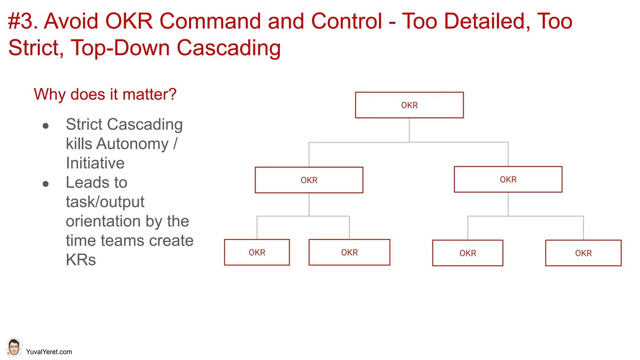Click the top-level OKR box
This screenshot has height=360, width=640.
[409, 105]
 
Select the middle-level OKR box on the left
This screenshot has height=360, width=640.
[309, 180]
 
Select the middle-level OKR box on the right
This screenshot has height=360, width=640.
[508, 179]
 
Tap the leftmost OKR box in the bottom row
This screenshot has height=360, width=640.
[257, 252]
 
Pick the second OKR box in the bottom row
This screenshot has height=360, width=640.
[349, 252]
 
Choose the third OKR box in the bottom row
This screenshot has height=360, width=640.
[467, 253]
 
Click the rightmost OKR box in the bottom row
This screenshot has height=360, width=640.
[583, 253]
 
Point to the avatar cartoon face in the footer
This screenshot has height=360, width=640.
[14, 347]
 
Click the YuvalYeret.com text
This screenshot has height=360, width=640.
[49, 352]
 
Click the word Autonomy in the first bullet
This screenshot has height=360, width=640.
[132, 144]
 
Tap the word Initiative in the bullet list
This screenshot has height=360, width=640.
[95, 163]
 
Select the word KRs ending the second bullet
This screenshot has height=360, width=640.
[81, 260]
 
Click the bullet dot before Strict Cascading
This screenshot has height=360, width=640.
[46, 126]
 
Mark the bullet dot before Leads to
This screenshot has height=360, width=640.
[46, 184]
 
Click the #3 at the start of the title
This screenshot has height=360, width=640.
[20, 21]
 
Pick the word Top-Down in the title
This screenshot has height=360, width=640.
[120, 48]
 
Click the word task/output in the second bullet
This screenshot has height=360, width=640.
[105, 202]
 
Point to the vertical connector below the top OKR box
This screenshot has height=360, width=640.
[409, 130]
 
